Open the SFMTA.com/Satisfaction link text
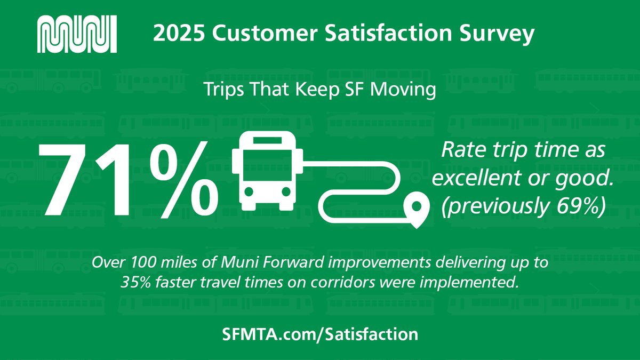point(319,334)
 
